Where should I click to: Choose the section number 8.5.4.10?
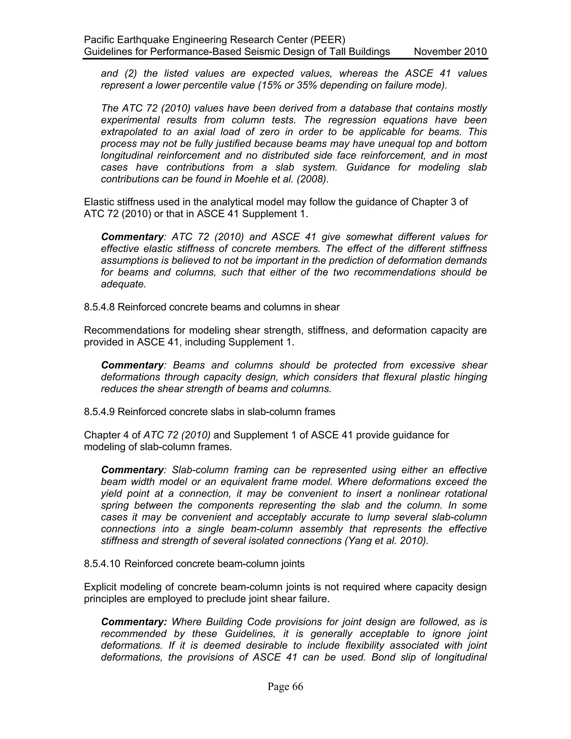click(x=102, y=564)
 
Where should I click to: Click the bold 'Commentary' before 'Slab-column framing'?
click(x=132, y=470)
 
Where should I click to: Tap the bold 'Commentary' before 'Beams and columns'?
click(x=132, y=365)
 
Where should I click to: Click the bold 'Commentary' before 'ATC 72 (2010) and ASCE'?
click(x=132, y=237)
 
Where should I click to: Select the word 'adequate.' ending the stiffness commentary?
click(x=124, y=284)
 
